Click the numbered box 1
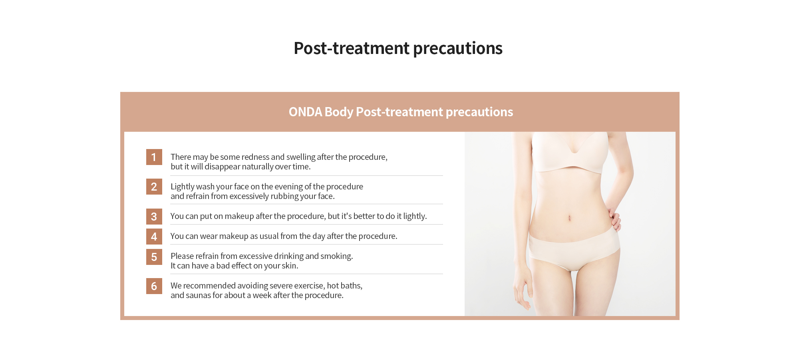click(x=154, y=157)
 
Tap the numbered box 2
click(x=154, y=187)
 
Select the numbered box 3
click(x=154, y=217)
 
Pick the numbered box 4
click(x=154, y=237)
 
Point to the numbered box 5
click(x=154, y=257)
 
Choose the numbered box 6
click(x=154, y=286)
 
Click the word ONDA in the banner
click(x=305, y=112)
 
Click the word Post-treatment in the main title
click(x=352, y=48)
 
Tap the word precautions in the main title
click(x=458, y=49)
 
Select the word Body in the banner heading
click(x=339, y=112)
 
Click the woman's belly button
click(x=569, y=218)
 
